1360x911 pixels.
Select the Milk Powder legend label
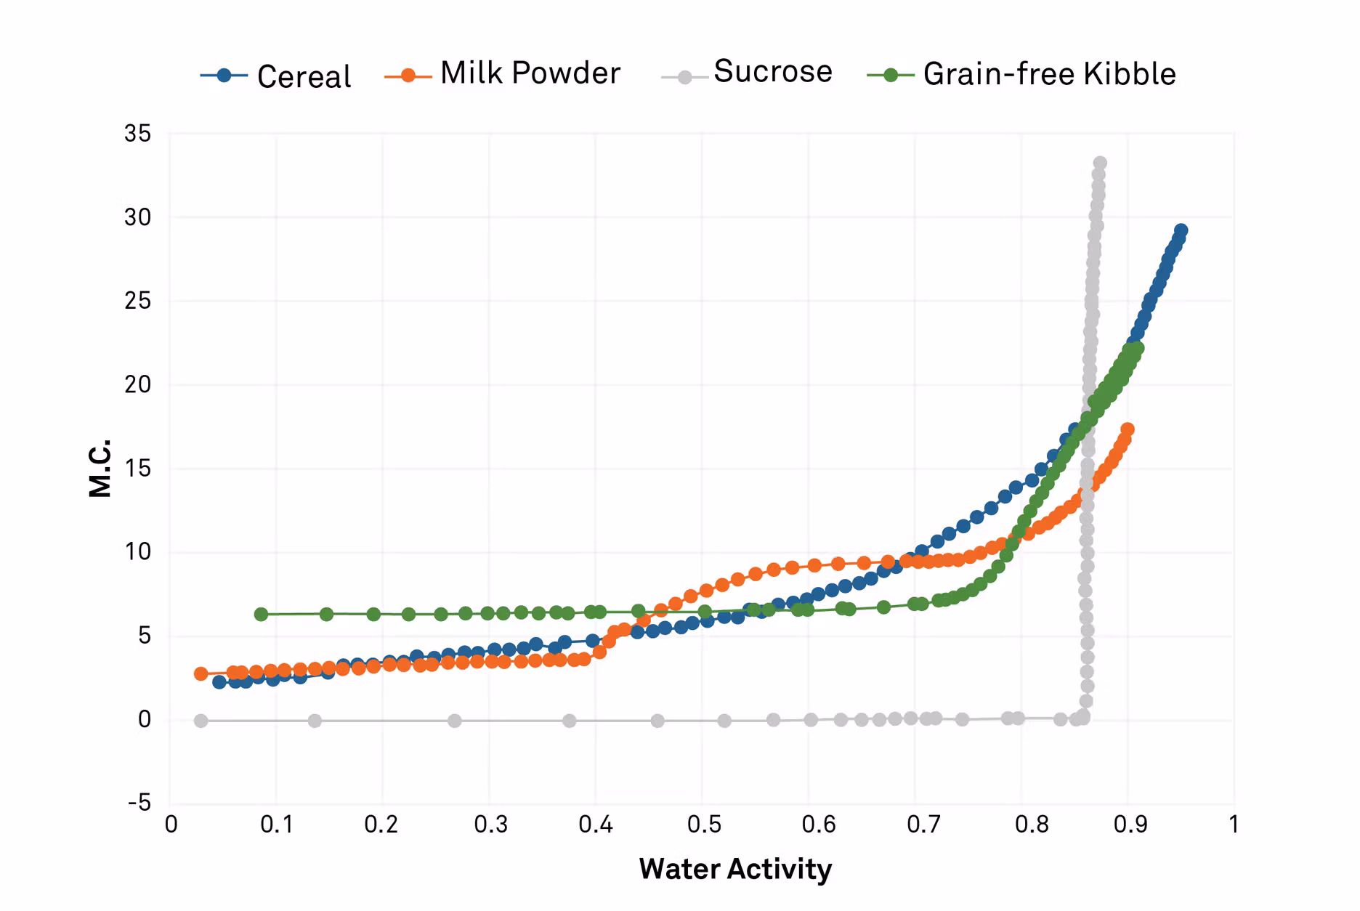click(x=530, y=73)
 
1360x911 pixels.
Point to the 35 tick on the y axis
click(x=138, y=134)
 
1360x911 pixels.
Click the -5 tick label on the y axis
click(x=139, y=803)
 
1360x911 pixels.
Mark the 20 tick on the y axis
click(x=138, y=384)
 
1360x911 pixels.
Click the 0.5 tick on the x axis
click(x=704, y=825)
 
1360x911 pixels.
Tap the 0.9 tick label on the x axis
click(x=1130, y=825)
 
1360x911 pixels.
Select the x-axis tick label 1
click(x=1234, y=825)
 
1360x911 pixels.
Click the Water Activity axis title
click(x=735, y=869)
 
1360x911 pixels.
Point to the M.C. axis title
click(x=100, y=468)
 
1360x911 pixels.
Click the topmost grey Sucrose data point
click(x=1100, y=163)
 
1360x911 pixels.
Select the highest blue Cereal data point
click(x=1181, y=231)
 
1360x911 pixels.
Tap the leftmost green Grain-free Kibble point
click(x=262, y=615)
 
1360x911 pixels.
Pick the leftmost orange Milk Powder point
click(x=201, y=674)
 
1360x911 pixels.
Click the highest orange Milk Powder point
click(x=1128, y=430)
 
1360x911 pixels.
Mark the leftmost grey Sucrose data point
click(x=201, y=721)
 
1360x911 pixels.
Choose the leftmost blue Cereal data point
click(x=219, y=682)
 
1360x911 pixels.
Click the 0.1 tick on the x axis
click(x=277, y=825)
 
